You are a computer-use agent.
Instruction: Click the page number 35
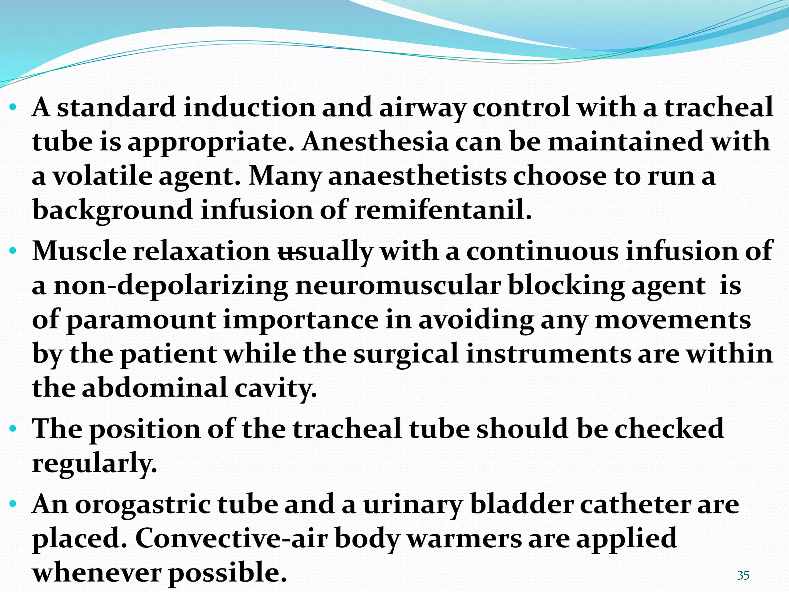coord(743,575)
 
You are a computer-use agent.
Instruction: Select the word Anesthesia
coord(376,142)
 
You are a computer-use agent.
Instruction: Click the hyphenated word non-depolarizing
coord(171,286)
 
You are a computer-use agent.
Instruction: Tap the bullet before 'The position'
coord(13,429)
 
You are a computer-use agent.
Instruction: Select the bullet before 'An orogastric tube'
coord(13,505)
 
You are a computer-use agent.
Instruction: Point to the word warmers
coord(464,538)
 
